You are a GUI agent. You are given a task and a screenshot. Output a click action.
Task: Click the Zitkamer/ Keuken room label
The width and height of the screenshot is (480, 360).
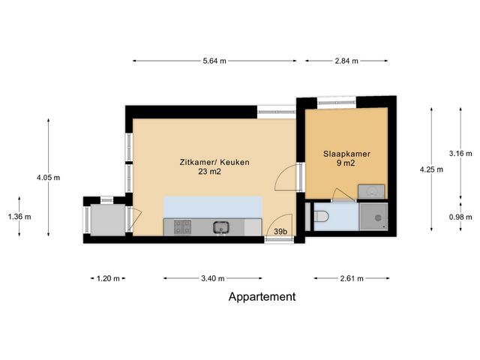[214, 162]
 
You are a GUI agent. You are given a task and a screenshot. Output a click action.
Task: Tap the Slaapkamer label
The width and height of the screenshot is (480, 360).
[347, 153]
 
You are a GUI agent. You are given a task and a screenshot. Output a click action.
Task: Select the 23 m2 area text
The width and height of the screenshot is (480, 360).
[210, 172]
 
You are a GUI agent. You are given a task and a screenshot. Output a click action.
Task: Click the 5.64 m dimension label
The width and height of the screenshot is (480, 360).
[214, 61]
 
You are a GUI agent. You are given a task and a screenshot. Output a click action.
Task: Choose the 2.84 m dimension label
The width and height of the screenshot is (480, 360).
[346, 61]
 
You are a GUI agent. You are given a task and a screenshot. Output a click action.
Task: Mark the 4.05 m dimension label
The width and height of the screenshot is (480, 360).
[48, 178]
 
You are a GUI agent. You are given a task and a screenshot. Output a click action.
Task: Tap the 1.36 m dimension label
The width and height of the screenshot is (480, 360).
[19, 217]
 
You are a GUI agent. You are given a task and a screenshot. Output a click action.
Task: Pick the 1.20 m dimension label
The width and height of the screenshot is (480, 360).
[109, 279]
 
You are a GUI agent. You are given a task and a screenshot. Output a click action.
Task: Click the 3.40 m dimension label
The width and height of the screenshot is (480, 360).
[213, 279]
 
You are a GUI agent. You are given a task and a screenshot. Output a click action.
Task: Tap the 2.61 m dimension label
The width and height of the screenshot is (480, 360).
[350, 279]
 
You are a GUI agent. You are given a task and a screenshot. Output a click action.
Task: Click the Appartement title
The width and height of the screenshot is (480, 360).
[262, 297]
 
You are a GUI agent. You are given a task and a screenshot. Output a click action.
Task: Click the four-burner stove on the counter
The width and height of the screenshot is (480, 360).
[182, 225]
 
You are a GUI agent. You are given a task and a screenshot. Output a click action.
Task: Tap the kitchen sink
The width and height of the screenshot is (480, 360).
[220, 226]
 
